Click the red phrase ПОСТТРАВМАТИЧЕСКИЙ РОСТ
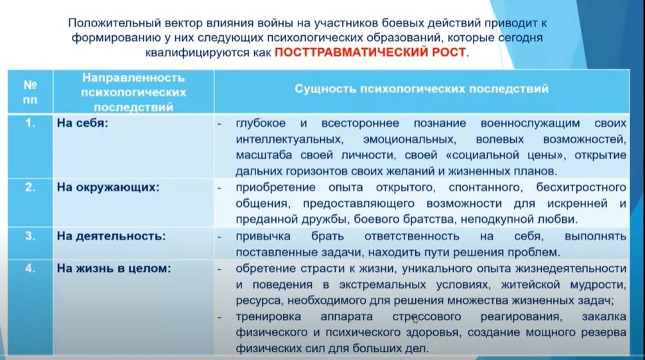(370, 53)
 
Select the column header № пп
(30, 92)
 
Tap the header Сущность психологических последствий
(422, 89)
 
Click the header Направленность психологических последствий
(133, 92)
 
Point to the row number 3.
(30, 236)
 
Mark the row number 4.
(30, 269)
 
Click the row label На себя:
(82, 123)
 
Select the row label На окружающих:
(108, 187)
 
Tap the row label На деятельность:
(111, 236)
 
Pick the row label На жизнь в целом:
(114, 269)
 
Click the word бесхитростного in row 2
(581, 187)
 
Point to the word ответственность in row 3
(412, 236)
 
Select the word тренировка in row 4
(268, 317)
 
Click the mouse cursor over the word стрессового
(415, 320)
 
